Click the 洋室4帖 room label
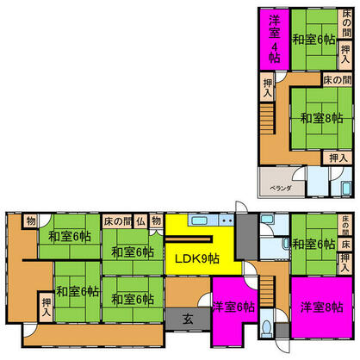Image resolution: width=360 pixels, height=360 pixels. click(x=274, y=40)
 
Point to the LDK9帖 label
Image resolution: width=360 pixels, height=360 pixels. click(x=196, y=258)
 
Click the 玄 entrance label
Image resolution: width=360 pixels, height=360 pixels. click(x=187, y=318)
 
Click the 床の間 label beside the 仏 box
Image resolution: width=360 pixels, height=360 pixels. click(x=117, y=220)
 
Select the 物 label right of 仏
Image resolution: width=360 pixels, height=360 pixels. click(x=156, y=220)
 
